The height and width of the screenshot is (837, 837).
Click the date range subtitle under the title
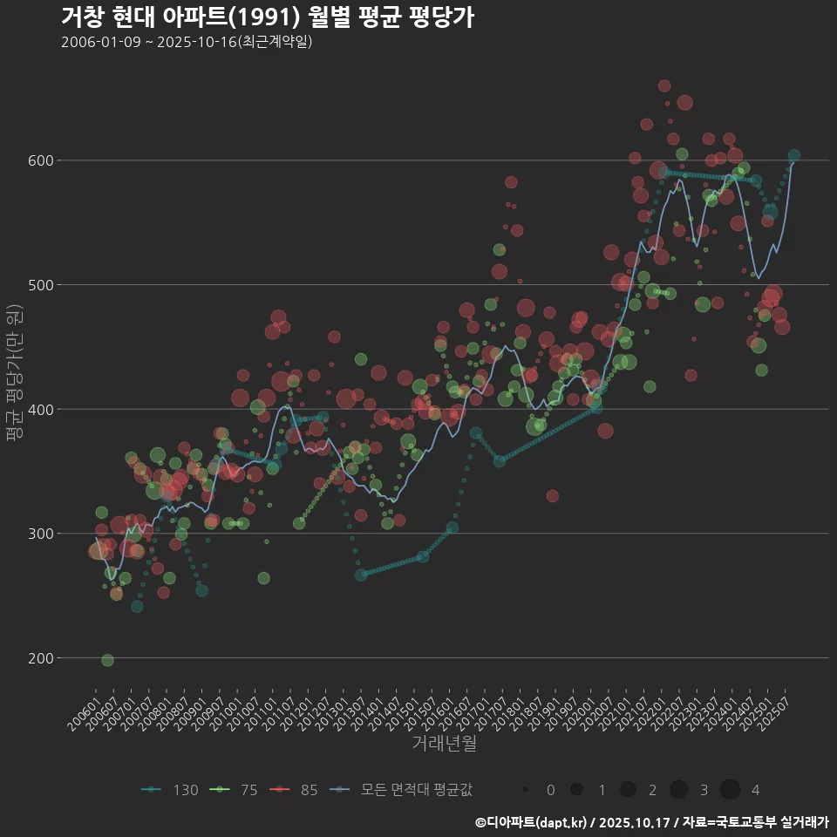tap(187, 43)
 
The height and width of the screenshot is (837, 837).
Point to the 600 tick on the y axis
tap(42, 160)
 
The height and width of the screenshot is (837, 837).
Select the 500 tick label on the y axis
tap(42, 285)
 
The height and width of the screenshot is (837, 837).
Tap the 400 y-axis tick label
tap(42, 409)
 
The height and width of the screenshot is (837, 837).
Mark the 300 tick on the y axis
tap(42, 534)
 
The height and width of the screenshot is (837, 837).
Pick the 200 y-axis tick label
tap(42, 658)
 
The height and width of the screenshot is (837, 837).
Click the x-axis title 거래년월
tap(444, 744)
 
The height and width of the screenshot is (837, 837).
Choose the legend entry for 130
tap(170, 790)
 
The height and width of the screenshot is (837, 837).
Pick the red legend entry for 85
tap(294, 790)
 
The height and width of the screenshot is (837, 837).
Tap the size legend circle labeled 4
tap(730, 790)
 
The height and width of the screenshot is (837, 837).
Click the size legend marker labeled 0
tap(526, 790)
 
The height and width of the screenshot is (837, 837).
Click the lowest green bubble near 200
tap(107, 660)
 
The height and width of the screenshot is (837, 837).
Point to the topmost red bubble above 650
tap(664, 85)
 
